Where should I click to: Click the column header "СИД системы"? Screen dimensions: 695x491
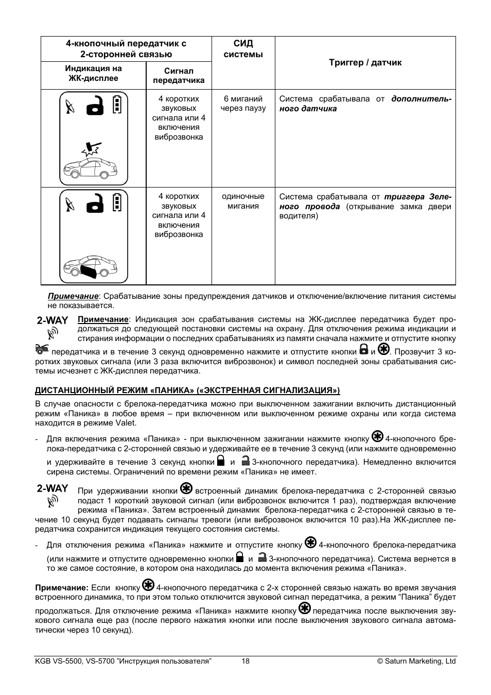tap(243, 49)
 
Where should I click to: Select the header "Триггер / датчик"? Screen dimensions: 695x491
tap(365, 62)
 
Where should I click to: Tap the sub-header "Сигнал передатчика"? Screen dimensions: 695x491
tap(179, 75)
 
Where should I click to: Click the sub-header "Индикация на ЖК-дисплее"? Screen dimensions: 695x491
tap(93, 73)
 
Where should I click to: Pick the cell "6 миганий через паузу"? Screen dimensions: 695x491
tap(243, 104)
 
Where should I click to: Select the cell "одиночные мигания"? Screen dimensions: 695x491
tap(243, 201)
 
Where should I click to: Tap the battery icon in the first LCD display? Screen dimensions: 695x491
tap(118, 104)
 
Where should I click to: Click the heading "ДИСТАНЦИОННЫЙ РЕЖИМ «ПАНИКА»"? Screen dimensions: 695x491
tap(187, 390)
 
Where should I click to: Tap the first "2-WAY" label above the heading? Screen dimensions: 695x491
tap(52, 320)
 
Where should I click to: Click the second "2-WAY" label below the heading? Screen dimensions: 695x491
tap(52, 488)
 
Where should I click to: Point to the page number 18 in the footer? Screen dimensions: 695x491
tap(246, 661)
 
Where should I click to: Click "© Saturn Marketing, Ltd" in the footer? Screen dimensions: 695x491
tap(416, 661)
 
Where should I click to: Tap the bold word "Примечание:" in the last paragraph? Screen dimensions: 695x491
tap(62, 587)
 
